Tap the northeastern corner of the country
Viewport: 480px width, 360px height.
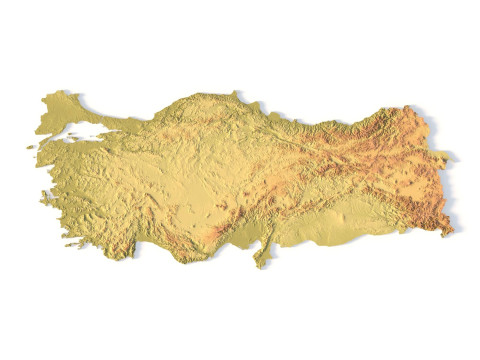[x=408, y=105]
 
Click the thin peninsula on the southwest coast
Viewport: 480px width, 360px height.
[x=75, y=243]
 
